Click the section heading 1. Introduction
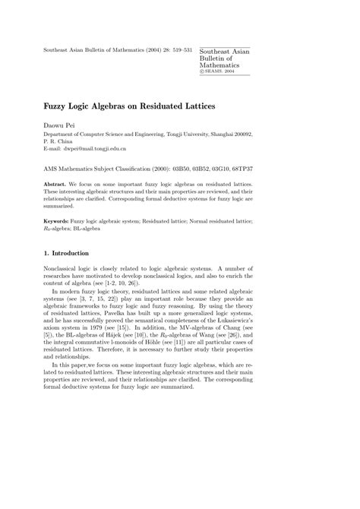click(67, 252)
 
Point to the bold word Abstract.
click(55, 184)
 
